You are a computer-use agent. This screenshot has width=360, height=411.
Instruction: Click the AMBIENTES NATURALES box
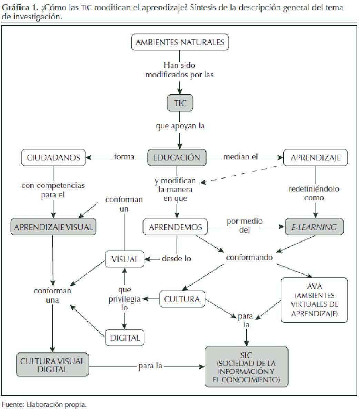click(x=180, y=42)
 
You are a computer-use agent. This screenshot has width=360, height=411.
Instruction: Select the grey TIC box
click(x=180, y=103)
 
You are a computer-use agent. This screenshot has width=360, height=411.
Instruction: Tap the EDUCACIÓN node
click(x=177, y=157)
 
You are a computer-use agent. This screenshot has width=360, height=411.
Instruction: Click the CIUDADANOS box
click(x=53, y=158)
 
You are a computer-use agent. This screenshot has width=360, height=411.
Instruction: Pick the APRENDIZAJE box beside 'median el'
click(x=315, y=158)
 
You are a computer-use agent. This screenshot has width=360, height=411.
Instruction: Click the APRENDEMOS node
click(x=175, y=227)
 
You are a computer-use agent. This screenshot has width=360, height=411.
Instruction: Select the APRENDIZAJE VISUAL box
click(x=53, y=227)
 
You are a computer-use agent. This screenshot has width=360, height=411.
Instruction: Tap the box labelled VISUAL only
click(x=124, y=259)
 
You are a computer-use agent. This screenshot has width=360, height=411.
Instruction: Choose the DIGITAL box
click(x=124, y=338)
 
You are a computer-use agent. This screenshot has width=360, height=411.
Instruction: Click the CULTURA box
click(x=182, y=299)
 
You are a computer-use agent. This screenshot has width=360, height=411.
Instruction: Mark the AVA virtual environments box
click(x=314, y=300)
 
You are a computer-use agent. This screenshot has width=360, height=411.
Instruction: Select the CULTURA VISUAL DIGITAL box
click(x=52, y=365)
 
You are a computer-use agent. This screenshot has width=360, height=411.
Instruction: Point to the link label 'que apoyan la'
click(x=180, y=126)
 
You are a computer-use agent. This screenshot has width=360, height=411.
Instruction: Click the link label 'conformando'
click(x=249, y=257)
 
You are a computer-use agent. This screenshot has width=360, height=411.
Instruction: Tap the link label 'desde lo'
click(x=176, y=258)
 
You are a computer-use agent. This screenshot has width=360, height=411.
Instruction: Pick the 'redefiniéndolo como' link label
click(x=314, y=193)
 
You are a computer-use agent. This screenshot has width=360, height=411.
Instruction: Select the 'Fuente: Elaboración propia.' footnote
click(x=44, y=404)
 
